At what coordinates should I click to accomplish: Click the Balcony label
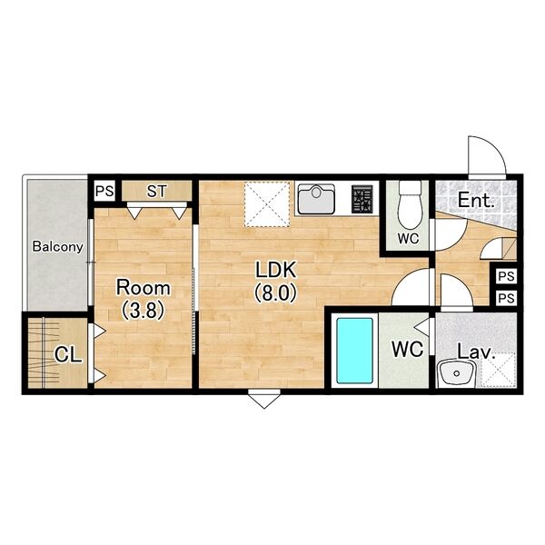[x=58, y=247]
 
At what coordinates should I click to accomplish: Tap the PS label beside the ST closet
[x=104, y=191]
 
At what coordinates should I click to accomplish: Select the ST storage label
[x=157, y=191]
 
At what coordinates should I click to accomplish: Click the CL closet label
[x=68, y=355]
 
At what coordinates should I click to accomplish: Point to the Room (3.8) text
[x=143, y=299]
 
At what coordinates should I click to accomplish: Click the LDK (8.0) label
[x=275, y=281]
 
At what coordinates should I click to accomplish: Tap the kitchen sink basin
[x=316, y=199]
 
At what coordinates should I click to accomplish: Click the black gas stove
[x=362, y=199]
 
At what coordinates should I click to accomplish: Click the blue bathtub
[x=354, y=351]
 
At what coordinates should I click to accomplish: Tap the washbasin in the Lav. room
[x=456, y=372]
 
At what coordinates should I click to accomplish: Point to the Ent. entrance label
[x=476, y=201]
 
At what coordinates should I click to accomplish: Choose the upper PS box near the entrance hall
[x=506, y=276]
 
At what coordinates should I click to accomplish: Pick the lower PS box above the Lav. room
[x=506, y=298]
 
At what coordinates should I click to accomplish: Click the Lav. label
[x=475, y=352]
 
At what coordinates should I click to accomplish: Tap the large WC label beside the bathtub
[x=408, y=349]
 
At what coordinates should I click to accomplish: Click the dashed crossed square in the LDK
[x=267, y=204]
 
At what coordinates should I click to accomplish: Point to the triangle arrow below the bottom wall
[x=264, y=399]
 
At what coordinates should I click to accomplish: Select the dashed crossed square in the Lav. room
[x=499, y=369]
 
